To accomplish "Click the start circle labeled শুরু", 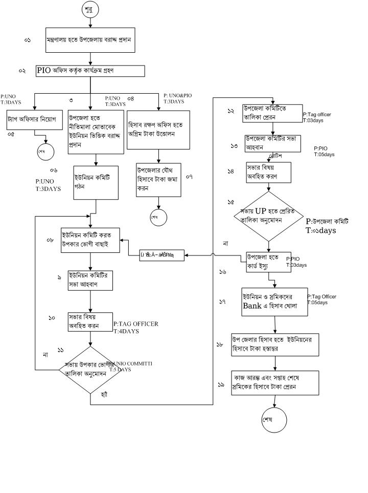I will coord(90,9).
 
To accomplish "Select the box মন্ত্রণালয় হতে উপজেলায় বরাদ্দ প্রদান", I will coord(90,39).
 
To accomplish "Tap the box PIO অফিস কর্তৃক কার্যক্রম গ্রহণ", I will coord(90,71).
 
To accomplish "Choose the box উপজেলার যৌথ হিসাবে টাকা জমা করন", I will coord(158,179).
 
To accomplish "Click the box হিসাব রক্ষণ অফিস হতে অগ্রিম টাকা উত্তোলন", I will coord(158,130).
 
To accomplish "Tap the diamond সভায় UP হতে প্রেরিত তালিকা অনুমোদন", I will coord(268,216).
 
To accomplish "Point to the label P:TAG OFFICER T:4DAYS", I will coord(135,327).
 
